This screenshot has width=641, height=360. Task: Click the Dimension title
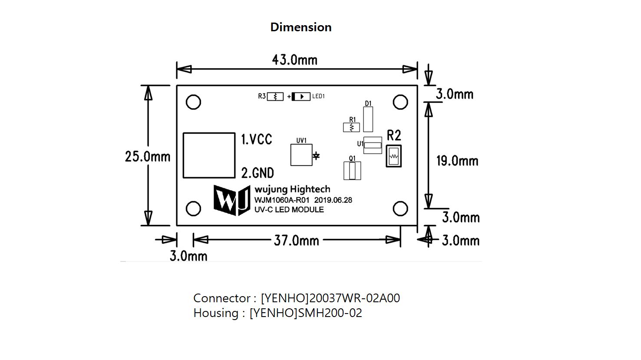pos(301,27)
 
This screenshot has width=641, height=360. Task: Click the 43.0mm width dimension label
pos(294,59)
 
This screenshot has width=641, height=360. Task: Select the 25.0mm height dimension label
pos(148,156)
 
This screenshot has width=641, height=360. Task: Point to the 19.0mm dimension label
pos(457,161)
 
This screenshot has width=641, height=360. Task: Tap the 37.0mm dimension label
pos(296,240)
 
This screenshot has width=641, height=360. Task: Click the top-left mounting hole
pos(193,102)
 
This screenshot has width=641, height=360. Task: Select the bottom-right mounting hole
pos(400,209)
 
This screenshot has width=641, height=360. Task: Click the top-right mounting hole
pos(400,102)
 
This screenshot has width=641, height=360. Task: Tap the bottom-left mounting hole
pos(193,209)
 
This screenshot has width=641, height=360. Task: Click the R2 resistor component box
pos(393,156)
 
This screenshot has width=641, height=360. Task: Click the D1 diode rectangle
pos(368,119)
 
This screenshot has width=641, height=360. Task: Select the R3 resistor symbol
pos(275,96)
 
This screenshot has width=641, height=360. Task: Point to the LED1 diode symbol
pos(301,96)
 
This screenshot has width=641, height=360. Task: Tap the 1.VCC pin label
pos(257,139)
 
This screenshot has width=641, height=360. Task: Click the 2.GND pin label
pos(258,173)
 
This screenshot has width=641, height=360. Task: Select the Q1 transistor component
pos(352,171)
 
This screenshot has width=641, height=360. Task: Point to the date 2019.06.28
pos(333,200)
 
